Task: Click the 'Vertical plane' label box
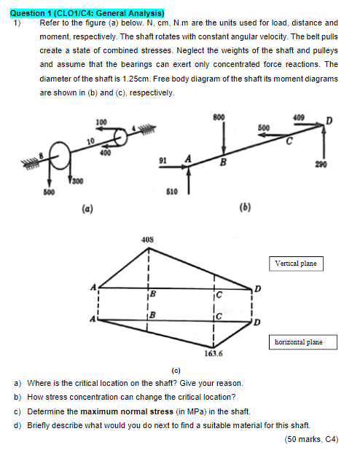click(296, 264)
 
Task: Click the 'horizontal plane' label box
click(303, 342)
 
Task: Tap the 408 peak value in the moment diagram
click(147, 240)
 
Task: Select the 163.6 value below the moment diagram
click(214, 353)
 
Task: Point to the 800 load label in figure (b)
click(219, 117)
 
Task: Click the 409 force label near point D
click(299, 117)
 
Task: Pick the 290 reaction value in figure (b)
click(321, 165)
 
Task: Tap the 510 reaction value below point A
click(172, 191)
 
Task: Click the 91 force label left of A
click(163, 160)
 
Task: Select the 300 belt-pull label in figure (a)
click(78, 181)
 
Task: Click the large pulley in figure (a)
click(60, 155)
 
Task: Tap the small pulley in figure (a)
click(120, 137)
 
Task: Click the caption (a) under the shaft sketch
click(87, 208)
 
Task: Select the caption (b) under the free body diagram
click(246, 207)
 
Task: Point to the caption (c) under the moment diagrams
click(176, 371)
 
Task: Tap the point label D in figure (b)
click(329, 121)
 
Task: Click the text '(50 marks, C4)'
click(311, 439)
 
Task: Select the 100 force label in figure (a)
click(101, 122)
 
